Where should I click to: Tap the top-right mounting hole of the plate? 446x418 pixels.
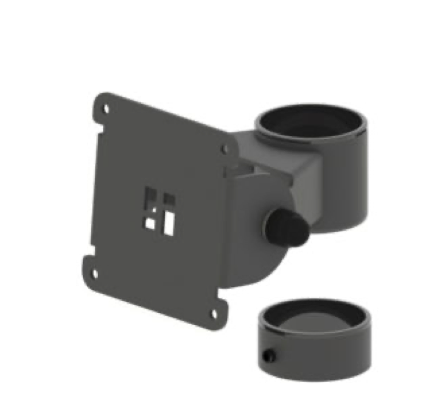[225, 148]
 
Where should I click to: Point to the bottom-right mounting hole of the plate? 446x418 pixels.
[214, 312]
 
